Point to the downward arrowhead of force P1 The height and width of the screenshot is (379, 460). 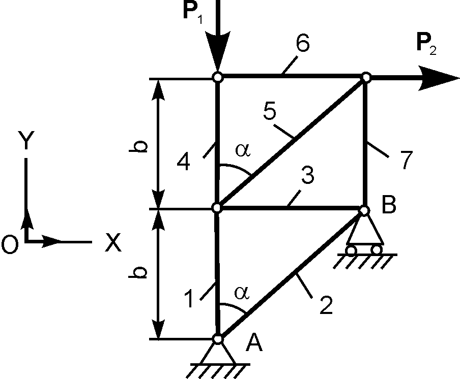(x=217, y=56)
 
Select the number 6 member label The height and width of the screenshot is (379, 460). (x=302, y=45)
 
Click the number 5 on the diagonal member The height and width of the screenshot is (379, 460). (x=270, y=111)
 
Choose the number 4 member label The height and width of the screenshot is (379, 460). (x=184, y=163)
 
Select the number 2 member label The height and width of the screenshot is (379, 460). (x=325, y=304)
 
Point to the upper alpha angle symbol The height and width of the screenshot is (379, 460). (x=242, y=151)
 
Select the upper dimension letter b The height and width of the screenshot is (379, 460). (x=142, y=146)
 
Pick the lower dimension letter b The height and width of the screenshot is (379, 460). (x=142, y=273)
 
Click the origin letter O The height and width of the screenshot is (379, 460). (x=10, y=244)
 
